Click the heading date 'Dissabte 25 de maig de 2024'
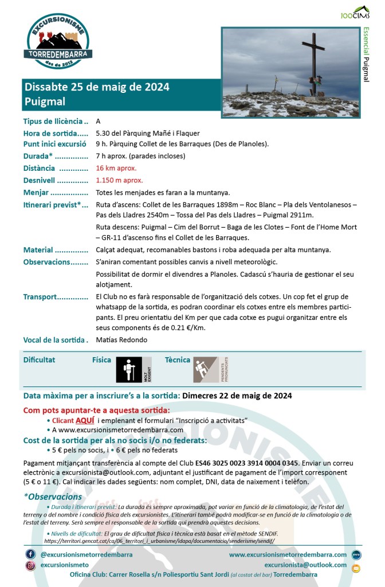tap(97, 87)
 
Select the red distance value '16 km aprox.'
tap(116, 168)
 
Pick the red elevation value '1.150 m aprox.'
tap(120, 180)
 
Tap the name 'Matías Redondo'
tap(121, 339)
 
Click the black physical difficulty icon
tap(133, 370)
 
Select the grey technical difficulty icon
tap(210, 370)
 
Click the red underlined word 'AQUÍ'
tap(85, 420)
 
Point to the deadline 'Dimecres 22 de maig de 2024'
tap(237, 396)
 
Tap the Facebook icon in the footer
tap(30, 554)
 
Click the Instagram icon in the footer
tap(30, 565)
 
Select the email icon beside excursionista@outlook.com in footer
tap(356, 568)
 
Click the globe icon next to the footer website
tap(356, 555)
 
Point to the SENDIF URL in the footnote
tap(159, 541)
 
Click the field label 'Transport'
tap(40, 296)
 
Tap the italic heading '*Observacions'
tap(53, 496)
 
